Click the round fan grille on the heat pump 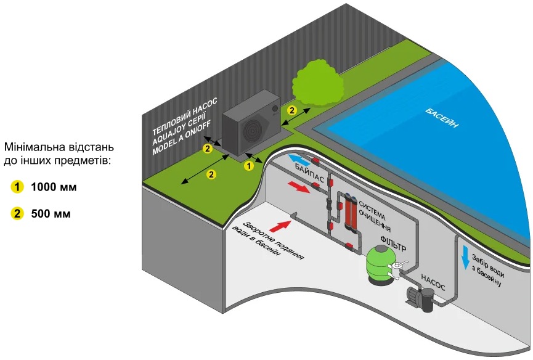[x=253, y=129]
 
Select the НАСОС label [x=433, y=278]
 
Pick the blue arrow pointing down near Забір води [x=466, y=257]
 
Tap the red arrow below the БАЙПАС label [x=299, y=187]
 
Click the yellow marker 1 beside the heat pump [x=249, y=165]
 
